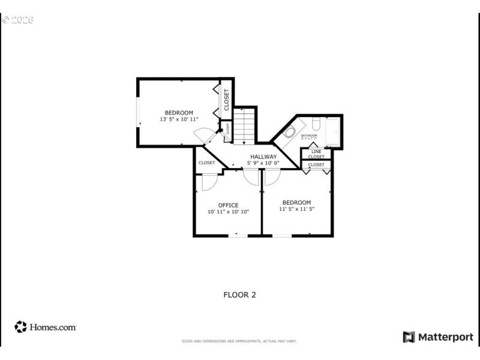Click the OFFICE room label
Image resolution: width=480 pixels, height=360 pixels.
[228, 205]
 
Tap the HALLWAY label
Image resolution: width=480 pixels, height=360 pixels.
[263, 157]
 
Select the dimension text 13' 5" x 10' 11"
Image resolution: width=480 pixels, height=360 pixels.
[179, 119]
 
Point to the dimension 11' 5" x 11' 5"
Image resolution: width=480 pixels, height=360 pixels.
[296, 209]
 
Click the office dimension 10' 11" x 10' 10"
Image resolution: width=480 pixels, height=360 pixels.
[228, 212]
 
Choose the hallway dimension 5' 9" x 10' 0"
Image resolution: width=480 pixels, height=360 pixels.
[264, 163]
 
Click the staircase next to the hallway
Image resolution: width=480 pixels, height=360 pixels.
[244, 126]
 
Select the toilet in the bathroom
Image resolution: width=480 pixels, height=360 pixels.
[315, 124]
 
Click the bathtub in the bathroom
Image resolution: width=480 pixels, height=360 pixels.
[332, 132]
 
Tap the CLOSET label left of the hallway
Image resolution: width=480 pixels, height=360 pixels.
[206, 163]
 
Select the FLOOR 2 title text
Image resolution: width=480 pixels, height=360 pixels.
[239, 295]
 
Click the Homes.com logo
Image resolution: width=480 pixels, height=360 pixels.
[46, 327]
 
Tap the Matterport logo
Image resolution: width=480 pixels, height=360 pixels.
[437, 337]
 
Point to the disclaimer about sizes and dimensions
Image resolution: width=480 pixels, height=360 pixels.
[239, 341]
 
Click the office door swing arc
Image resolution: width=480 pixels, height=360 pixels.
[210, 182]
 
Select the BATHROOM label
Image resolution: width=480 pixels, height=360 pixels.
[309, 136]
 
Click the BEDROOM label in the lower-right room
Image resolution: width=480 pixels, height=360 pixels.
[296, 202]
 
